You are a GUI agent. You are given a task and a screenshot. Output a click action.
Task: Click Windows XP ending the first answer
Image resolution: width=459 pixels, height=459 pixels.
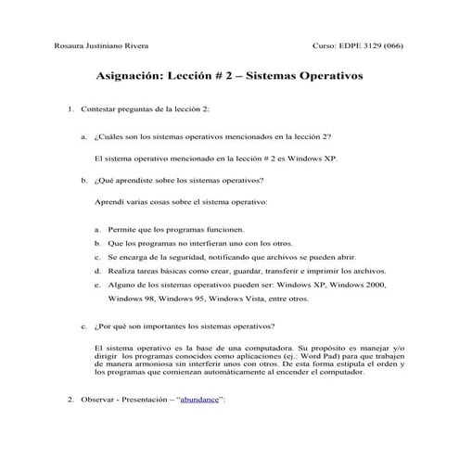click(312, 158)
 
